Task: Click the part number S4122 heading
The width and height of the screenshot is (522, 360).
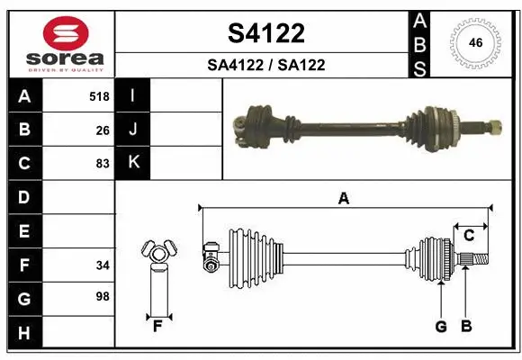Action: click(265, 33)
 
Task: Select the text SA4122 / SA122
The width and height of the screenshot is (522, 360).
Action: click(265, 65)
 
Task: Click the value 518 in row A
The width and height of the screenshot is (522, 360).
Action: click(99, 96)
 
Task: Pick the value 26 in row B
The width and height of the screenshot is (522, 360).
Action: click(102, 130)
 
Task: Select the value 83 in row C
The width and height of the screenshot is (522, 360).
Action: click(102, 164)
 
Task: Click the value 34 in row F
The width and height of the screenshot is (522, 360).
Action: click(102, 265)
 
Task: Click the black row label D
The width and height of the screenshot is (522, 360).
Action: click(24, 197)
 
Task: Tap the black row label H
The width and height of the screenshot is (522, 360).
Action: click(24, 332)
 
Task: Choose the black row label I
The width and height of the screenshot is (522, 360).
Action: click(133, 96)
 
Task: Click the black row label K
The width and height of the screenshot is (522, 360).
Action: click(133, 163)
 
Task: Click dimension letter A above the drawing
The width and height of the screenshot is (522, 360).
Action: click(343, 199)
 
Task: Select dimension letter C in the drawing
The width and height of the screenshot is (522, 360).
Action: click(469, 235)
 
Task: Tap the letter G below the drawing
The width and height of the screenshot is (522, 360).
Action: click(441, 327)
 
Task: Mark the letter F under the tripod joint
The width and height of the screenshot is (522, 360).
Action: click(157, 327)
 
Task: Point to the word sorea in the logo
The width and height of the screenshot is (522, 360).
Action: click(64, 58)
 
